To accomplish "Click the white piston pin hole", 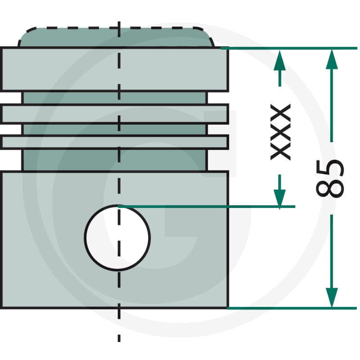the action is pos(117,238).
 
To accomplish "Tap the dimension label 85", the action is pos(330,178).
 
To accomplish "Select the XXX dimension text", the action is pos(280,132).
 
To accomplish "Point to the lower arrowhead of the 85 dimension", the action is pos(332,297).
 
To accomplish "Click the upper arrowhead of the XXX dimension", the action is pos(279,60).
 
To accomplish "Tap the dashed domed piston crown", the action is pos(116,37).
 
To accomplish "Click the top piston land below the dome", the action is pos(115,69).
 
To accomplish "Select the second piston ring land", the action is pos(115,114).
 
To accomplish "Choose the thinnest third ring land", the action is pos(115,142).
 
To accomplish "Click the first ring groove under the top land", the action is pos(115,98).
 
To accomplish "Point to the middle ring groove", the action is pos(115,130).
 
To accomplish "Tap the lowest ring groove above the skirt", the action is pos(115,160).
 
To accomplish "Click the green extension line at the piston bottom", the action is pos(292,308).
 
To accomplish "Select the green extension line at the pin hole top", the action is pos(207,207).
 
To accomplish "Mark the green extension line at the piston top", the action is pos(289,48).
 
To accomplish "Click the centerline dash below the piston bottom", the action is pos(119,338).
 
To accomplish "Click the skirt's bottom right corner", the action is pos(228,308).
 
